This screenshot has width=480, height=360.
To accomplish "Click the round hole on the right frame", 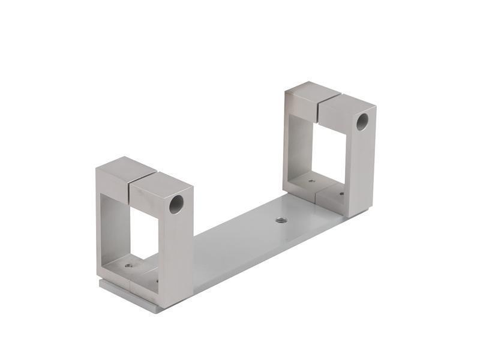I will (x=362, y=122).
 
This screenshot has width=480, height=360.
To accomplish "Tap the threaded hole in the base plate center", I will (x=281, y=220).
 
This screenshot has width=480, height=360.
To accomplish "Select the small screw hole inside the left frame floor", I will (x=128, y=265).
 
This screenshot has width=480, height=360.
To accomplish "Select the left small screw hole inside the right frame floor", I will (x=311, y=181).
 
